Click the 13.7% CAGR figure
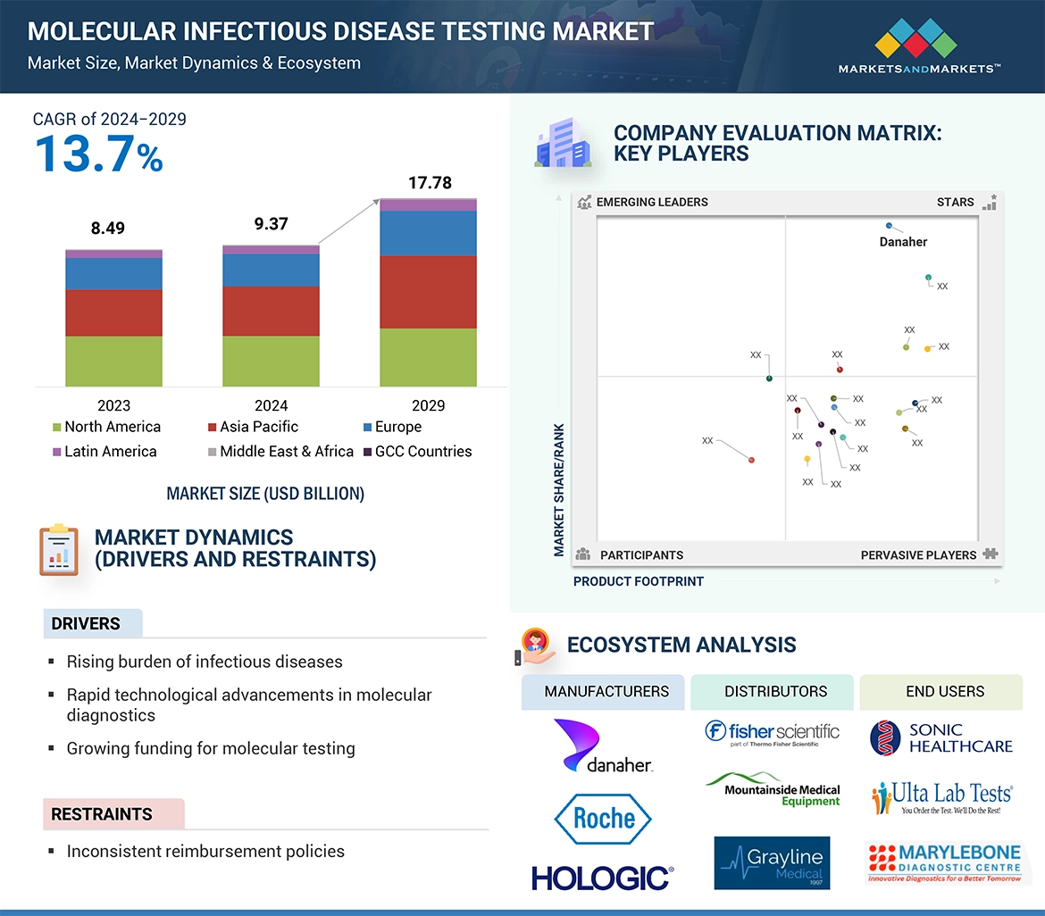(99, 153)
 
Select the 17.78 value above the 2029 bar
(430, 183)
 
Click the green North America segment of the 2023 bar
(113, 361)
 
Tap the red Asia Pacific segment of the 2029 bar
(428, 292)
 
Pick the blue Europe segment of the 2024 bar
(271, 270)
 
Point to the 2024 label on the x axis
(271, 405)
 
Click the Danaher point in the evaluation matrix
(890, 227)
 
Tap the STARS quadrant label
(956, 202)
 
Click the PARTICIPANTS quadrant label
(641, 555)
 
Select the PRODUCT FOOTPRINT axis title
(639, 581)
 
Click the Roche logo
(604, 819)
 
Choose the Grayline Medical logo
(772, 862)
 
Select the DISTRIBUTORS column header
(775, 691)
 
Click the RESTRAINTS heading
(102, 814)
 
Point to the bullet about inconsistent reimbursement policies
(205, 851)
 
